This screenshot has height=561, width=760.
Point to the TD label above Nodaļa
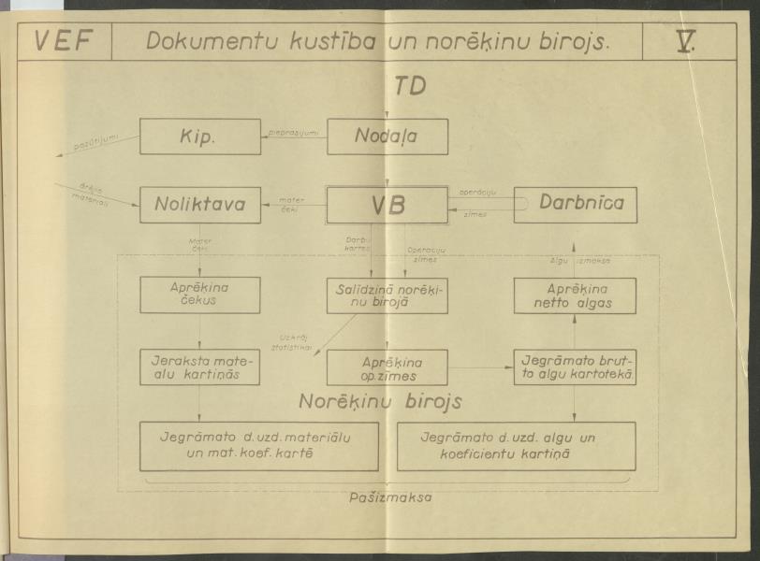(409, 86)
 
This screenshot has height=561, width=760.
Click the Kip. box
(199, 137)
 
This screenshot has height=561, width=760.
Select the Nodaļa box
(387, 137)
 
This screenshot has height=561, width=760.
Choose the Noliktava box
(199, 205)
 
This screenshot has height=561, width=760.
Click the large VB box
(387, 205)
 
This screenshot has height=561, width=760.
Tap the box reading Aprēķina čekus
(199, 295)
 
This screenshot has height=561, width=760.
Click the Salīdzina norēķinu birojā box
(387, 295)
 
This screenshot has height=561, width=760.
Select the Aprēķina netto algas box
(576, 295)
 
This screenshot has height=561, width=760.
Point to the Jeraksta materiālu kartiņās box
(199, 367)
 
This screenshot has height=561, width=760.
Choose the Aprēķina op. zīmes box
(387, 367)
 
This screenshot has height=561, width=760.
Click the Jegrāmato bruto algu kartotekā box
(576, 367)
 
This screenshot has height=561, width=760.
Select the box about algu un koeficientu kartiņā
(516, 446)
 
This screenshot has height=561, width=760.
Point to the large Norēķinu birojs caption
(382, 402)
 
